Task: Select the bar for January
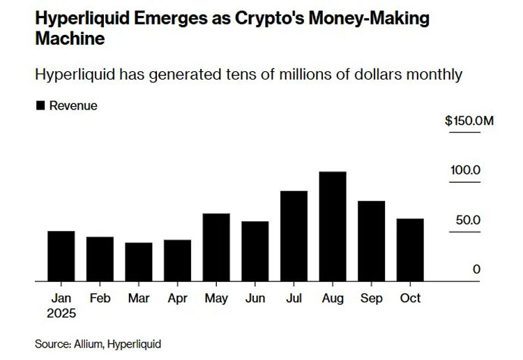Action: [x=61, y=256]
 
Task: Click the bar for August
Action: [x=333, y=227]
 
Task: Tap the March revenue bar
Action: [x=139, y=262]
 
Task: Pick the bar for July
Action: [x=294, y=236]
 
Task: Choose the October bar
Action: [x=410, y=250]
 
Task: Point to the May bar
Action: [x=216, y=247]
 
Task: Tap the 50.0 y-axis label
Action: [x=469, y=220]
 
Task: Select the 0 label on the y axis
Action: [x=477, y=269]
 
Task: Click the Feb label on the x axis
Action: [x=100, y=298]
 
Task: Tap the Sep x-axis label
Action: [x=372, y=298]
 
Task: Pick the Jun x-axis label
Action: [x=255, y=298]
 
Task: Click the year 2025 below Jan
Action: [x=61, y=313]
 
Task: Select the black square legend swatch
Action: [x=40, y=106]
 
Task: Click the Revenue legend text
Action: [x=73, y=106]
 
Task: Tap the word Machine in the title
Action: [x=69, y=38]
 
